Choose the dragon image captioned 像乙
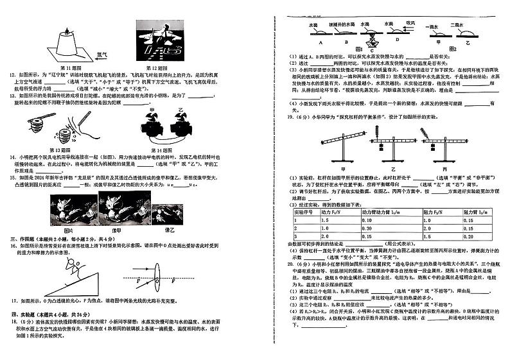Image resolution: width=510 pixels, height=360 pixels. pos(177,210)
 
